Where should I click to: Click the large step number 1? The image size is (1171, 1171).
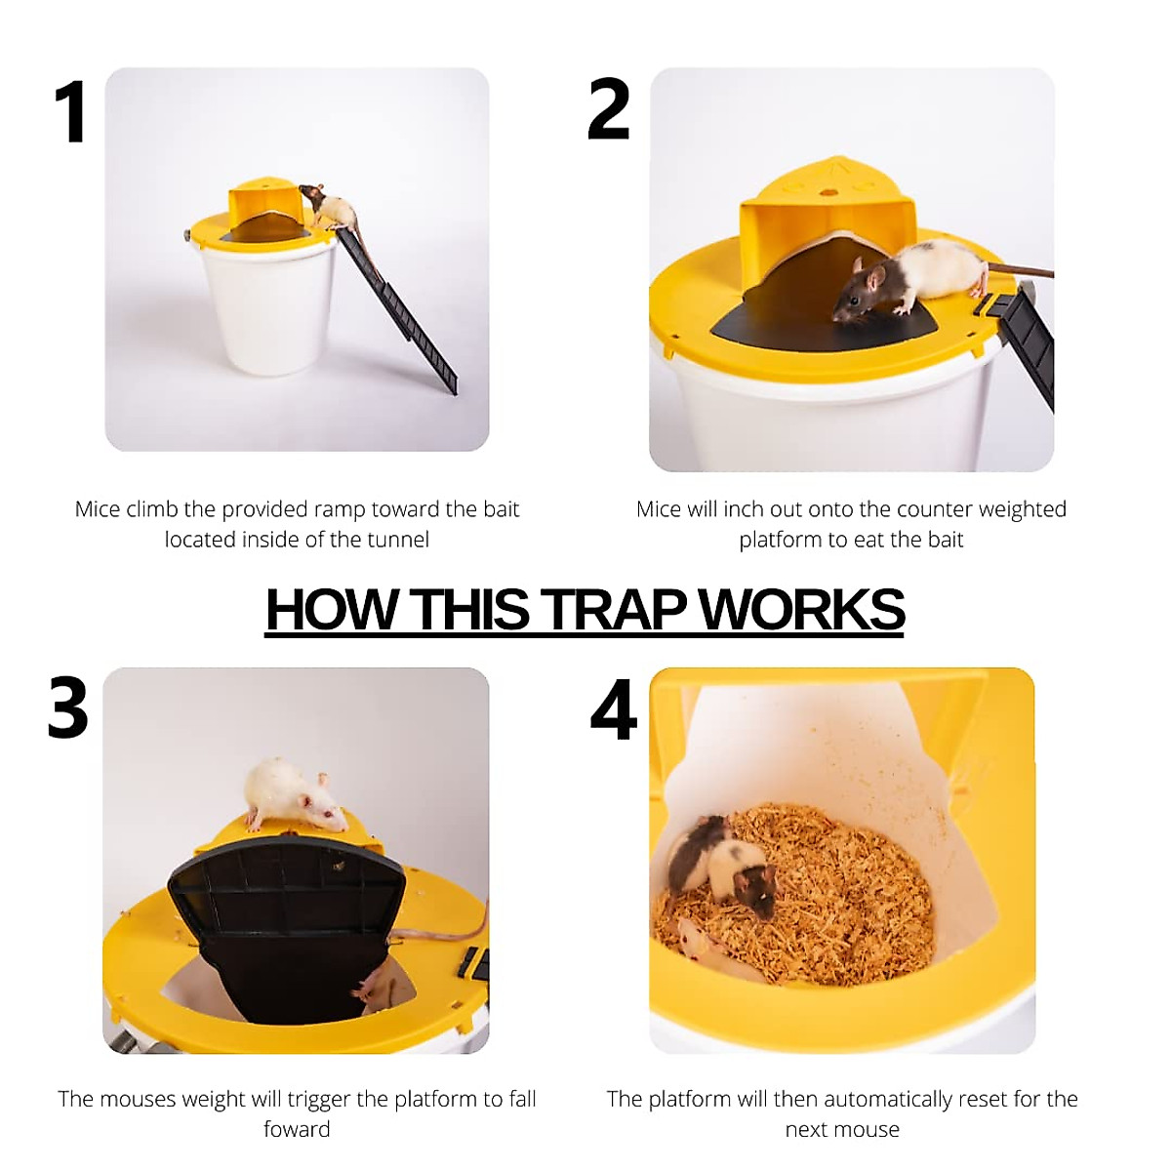coord(70,112)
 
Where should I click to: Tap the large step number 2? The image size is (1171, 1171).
coord(608,109)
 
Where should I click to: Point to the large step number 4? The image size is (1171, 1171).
coord(614,709)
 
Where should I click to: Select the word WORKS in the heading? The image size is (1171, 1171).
coord(801,610)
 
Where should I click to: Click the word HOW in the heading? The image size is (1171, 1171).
coord(331,610)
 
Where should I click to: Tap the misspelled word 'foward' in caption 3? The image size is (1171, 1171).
coord(297,1129)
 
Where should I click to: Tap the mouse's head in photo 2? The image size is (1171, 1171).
coord(858,293)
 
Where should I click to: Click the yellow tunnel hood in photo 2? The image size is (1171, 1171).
coord(828,210)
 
